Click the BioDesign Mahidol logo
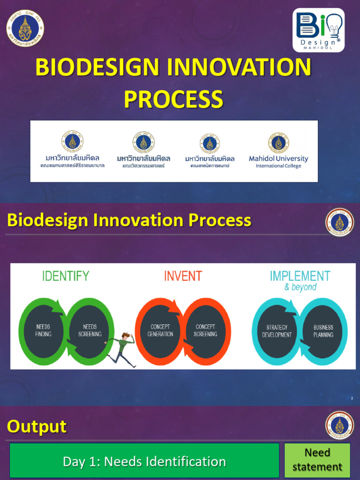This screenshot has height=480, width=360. pyautogui.click(x=319, y=30)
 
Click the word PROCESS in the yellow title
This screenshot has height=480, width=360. pyautogui.click(x=173, y=99)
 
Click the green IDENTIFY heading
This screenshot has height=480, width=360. pyautogui.click(x=66, y=276)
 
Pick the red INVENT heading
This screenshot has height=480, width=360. pyautogui.click(x=183, y=276)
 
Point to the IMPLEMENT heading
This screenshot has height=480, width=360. pyautogui.click(x=300, y=276)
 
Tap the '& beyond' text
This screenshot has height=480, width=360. pyautogui.click(x=300, y=287)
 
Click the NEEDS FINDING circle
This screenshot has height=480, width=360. pyautogui.click(x=44, y=330)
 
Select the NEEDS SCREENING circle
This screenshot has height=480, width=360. pyautogui.click(x=90, y=330)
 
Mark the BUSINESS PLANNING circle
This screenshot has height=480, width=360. pyautogui.click(x=323, y=331)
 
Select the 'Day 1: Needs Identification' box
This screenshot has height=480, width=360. pyautogui.click(x=144, y=461)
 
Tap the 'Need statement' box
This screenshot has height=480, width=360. pyautogui.click(x=317, y=460)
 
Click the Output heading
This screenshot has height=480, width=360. pyautogui.click(x=37, y=427)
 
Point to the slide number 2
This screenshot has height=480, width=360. pyautogui.click(x=352, y=398)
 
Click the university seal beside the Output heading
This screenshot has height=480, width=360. pyautogui.click(x=339, y=425)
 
